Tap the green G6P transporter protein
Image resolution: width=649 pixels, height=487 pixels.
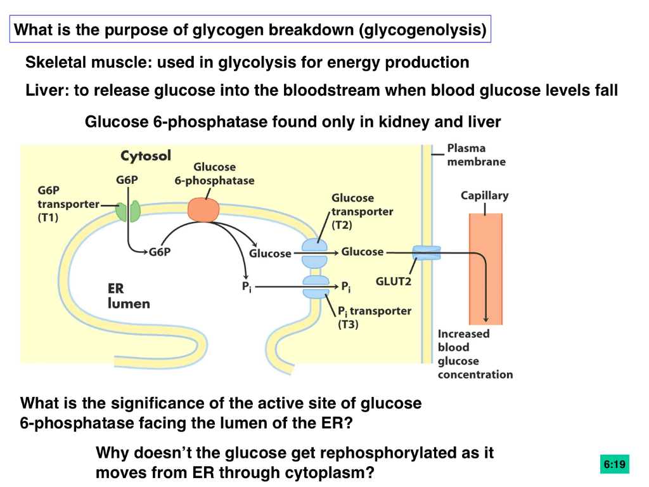pos(129,212)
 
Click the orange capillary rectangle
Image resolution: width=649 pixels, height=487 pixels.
pos(485,266)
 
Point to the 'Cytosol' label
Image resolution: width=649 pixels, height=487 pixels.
pos(146,156)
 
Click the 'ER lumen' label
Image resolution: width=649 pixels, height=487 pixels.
pos(128,296)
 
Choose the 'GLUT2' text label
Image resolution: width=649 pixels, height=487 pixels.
pos(394,281)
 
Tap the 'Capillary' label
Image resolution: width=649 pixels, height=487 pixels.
pos(484,195)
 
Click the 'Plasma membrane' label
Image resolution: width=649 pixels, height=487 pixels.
pos(476,155)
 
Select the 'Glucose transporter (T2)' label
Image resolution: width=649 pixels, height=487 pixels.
pos(362,211)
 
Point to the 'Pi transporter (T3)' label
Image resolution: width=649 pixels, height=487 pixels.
pos(374,317)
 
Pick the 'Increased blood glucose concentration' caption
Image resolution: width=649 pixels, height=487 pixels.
pos(475,354)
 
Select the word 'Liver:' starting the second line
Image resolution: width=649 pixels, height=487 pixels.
pos(48,90)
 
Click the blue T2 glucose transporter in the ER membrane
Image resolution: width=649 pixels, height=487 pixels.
pos(315,253)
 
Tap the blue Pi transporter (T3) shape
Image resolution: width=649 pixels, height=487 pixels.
pos(316,287)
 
